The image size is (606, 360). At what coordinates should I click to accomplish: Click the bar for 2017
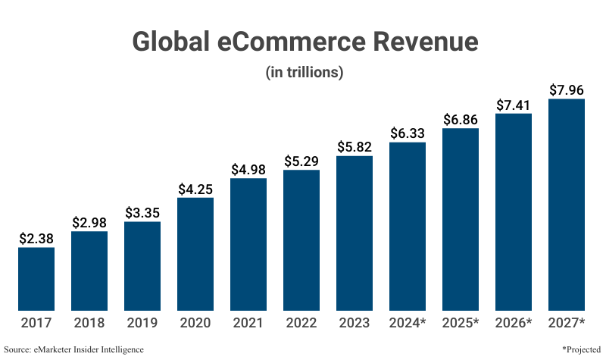coord(36,278)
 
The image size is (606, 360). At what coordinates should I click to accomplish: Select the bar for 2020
coord(195,254)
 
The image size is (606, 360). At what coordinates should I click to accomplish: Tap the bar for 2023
coord(355,233)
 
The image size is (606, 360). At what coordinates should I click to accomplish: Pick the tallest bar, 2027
coord(567,205)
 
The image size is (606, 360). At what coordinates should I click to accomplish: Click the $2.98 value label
coord(89,222)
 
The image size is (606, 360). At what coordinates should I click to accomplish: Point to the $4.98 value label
coord(248,169)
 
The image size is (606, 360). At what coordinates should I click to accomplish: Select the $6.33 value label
coord(408,133)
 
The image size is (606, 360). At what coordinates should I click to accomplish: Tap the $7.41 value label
coord(514,105)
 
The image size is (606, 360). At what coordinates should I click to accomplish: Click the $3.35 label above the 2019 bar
coord(142,211)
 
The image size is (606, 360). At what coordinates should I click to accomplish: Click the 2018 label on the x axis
coord(89,324)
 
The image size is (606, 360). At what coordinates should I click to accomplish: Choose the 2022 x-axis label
coord(301,324)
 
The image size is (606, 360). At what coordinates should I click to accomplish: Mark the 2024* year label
coord(408,324)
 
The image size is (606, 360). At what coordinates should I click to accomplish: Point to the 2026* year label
coord(514,324)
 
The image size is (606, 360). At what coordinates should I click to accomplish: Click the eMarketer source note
coord(73,349)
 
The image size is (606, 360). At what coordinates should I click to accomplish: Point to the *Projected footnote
coord(581,349)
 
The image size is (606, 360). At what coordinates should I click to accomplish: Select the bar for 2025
coord(461,219)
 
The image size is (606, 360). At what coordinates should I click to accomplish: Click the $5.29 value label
coord(301,161)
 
